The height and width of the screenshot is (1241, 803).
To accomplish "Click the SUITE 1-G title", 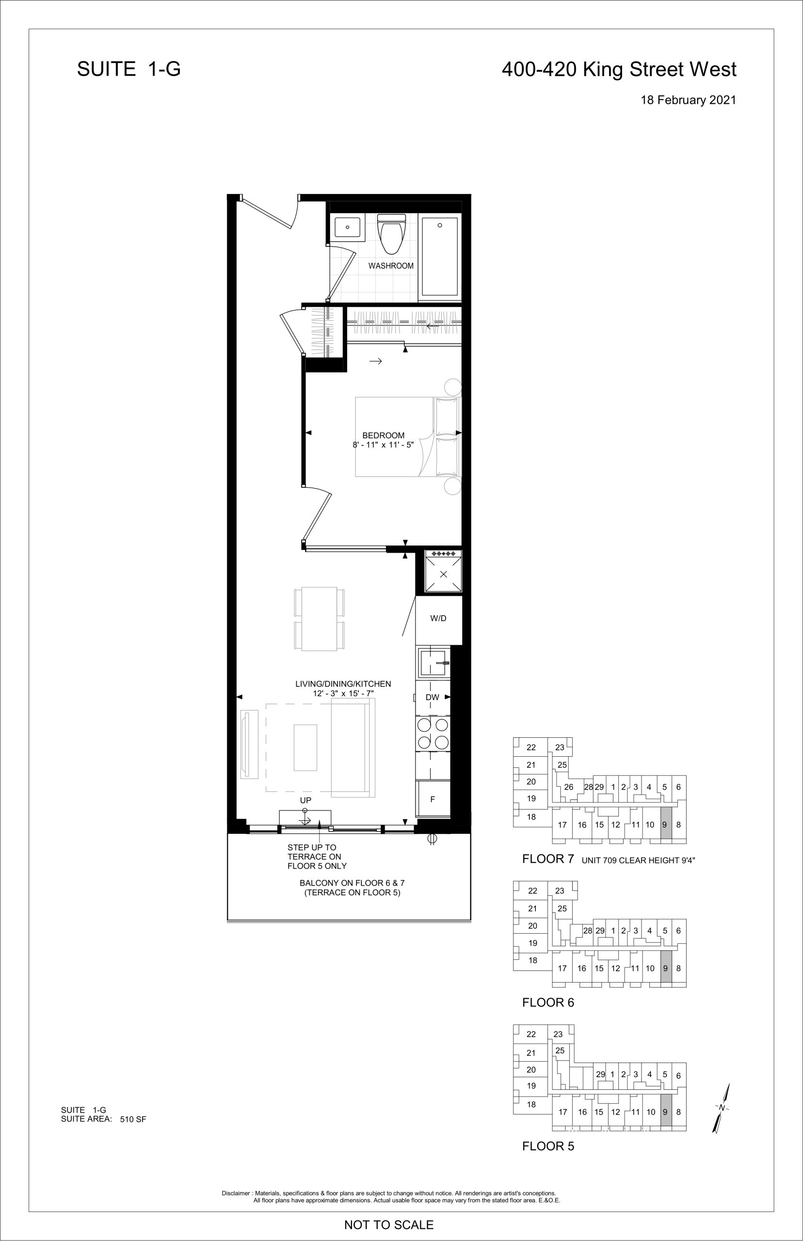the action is [x=129, y=69].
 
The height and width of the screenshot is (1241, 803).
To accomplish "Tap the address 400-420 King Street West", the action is [x=619, y=69].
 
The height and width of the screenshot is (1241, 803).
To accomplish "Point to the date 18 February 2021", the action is [x=688, y=100].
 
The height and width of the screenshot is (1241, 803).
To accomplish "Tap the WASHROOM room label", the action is [x=391, y=266].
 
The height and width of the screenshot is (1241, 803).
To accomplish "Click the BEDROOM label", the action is [x=383, y=436].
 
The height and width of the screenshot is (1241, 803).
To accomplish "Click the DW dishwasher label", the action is [x=432, y=698].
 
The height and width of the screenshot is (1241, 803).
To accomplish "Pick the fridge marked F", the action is [x=433, y=798].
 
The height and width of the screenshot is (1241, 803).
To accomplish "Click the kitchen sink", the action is [x=433, y=662].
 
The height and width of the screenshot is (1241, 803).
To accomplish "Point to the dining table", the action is [x=319, y=619].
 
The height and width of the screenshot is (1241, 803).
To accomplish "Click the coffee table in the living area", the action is [x=305, y=748].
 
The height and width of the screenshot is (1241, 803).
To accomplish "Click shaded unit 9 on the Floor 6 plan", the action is [x=666, y=968].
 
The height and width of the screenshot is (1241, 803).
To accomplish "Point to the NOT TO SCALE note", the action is [x=389, y=1225].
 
